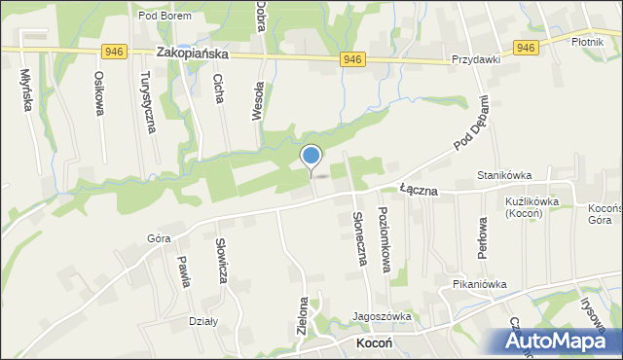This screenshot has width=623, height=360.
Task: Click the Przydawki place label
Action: (475, 58)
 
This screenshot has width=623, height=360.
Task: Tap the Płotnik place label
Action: (591, 42)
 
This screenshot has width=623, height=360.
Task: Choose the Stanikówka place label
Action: (503, 175)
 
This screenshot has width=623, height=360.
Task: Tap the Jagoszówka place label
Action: (383, 316)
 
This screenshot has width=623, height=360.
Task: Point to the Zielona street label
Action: (303, 316)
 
